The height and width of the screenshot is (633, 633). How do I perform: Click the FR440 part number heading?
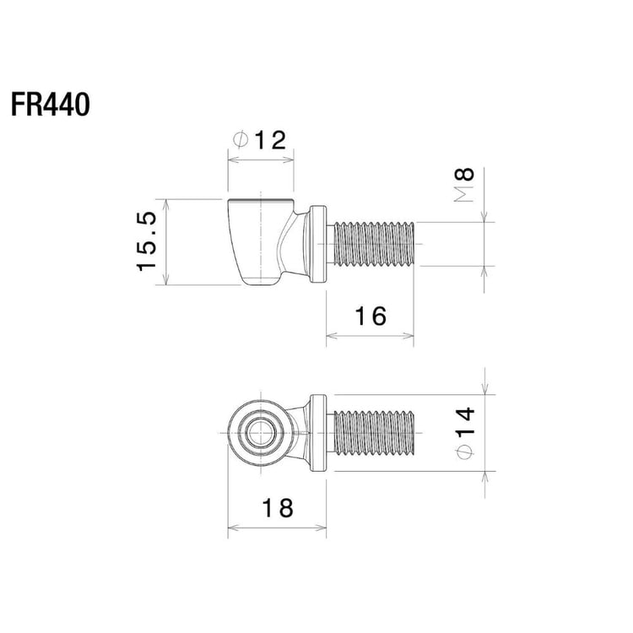click(x=50, y=105)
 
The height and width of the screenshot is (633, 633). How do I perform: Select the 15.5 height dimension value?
click(x=146, y=241)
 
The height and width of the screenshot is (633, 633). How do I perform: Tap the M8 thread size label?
click(x=464, y=185)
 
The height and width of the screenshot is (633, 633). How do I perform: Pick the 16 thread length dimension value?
click(x=371, y=316)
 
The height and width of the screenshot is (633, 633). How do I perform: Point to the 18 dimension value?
click(x=278, y=508)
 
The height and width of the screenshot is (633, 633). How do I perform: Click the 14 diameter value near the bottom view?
click(x=465, y=421)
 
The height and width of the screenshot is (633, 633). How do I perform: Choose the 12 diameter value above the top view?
click(x=270, y=140)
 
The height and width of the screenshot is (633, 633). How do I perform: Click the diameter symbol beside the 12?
click(x=241, y=139)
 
